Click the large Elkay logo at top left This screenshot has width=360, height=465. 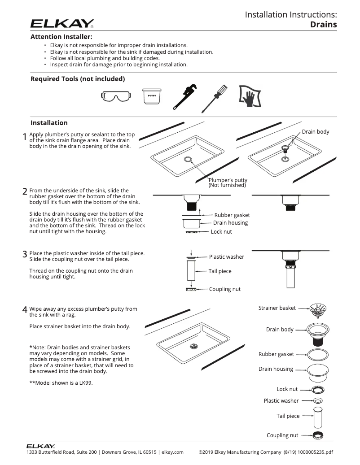(62, 23)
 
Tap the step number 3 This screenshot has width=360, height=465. (25, 254)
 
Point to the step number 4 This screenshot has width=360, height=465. (25, 310)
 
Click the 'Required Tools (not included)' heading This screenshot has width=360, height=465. (77, 79)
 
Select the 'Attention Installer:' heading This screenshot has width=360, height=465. (61, 37)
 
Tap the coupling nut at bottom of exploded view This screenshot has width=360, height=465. (318, 435)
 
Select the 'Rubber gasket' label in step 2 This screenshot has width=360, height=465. (232, 215)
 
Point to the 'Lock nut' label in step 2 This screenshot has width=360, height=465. (221, 232)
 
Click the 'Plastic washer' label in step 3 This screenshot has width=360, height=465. (226, 257)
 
